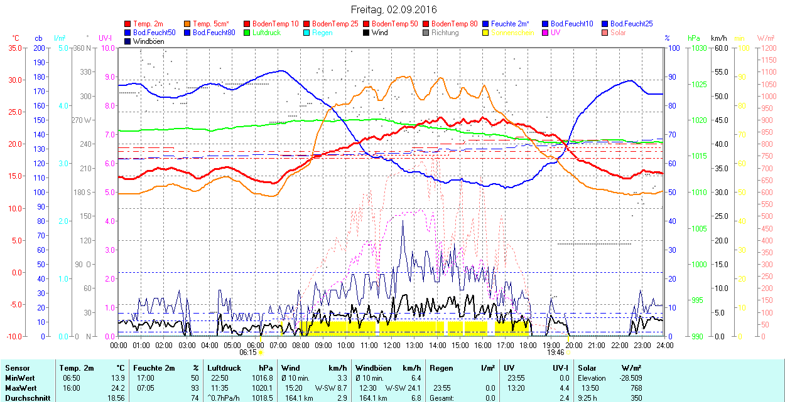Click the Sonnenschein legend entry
coord(512,33)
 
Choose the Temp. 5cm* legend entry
coord(210,24)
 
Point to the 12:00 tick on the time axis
coord(392,345)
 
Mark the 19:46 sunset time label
coord(555,352)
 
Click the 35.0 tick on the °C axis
coord(13,48)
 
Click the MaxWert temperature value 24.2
coord(117,388)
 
